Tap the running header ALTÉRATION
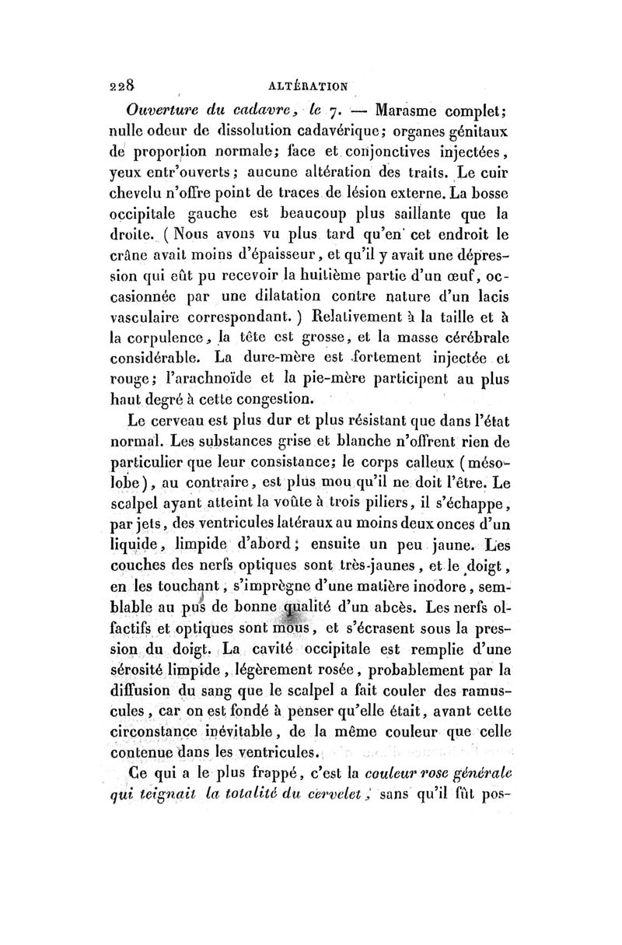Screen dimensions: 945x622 (310, 85)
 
